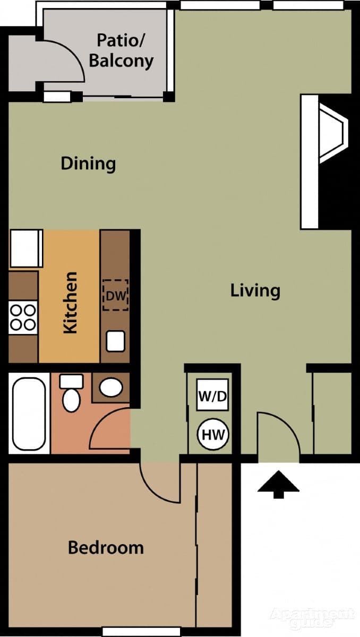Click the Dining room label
(x=88, y=163)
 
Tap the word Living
(x=255, y=291)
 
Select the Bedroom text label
(x=106, y=547)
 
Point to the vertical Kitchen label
(x=70, y=303)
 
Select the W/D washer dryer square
(x=212, y=395)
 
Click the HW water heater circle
(x=213, y=435)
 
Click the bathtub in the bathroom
(x=29, y=414)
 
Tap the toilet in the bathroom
(x=71, y=394)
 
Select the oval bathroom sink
(x=111, y=387)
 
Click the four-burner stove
(x=23, y=317)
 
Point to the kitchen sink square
(x=115, y=341)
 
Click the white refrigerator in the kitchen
(x=25, y=248)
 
